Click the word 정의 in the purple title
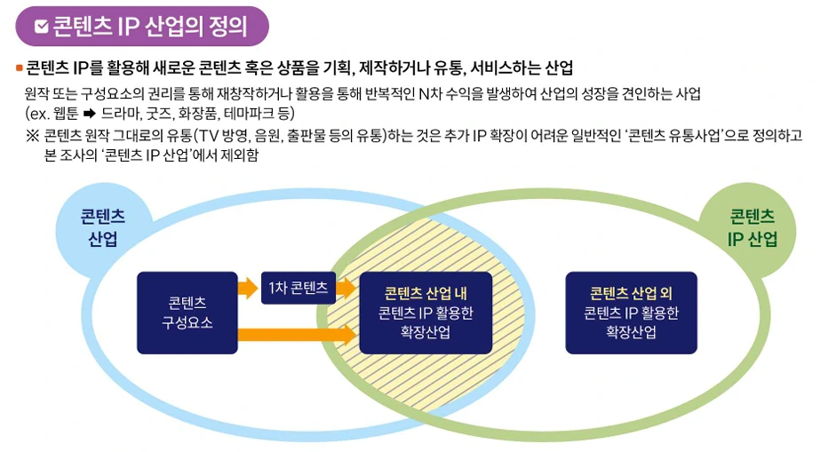click(x=226, y=27)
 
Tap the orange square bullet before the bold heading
click(x=19, y=68)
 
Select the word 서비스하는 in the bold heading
click(x=506, y=68)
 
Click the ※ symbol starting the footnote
click(x=32, y=137)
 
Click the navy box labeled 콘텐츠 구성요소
click(x=187, y=313)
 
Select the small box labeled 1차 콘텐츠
click(x=299, y=288)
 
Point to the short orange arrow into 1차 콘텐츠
click(x=246, y=288)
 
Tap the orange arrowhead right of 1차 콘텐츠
click(x=347, y=288)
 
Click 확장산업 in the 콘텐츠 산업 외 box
click(x=631, y=332)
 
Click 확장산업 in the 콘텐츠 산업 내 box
click(x=426, y=332)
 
